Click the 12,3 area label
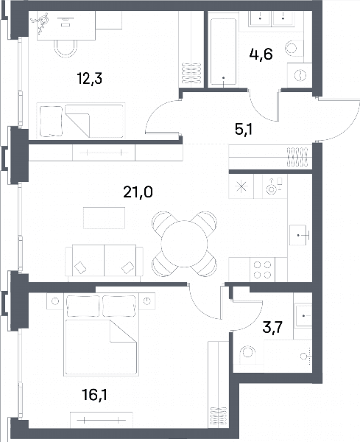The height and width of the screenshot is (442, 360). coord(90,78)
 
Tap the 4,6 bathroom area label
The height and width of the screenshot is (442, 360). coord(261,54)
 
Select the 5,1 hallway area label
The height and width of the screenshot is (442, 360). coord(244,130)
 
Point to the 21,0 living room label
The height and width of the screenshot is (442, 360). coord(138,192)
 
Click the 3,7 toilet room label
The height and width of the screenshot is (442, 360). coord(272,328)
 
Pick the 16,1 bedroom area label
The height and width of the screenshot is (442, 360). coord(94,395)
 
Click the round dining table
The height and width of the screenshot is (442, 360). coord(184,244)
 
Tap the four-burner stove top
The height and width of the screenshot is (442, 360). coord(262,270)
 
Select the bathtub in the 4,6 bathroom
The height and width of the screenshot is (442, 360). coord(223,52)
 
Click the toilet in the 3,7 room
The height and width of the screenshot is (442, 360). coord(247,352)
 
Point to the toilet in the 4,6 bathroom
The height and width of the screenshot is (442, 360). coord(294,48)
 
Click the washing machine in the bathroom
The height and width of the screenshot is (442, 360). coord(300,75)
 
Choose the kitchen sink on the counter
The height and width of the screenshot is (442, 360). coord(299,235)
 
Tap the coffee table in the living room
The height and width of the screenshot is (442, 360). coord(105,218)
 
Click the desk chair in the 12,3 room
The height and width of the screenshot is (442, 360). coord(66,48)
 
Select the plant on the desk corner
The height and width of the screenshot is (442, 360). coord(40,24)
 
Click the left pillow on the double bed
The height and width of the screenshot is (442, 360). coord(83,306)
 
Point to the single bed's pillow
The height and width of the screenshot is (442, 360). coord(52,122)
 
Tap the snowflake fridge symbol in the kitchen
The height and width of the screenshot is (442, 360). coord(241,186)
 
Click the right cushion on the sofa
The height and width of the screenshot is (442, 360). coord(128,267)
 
